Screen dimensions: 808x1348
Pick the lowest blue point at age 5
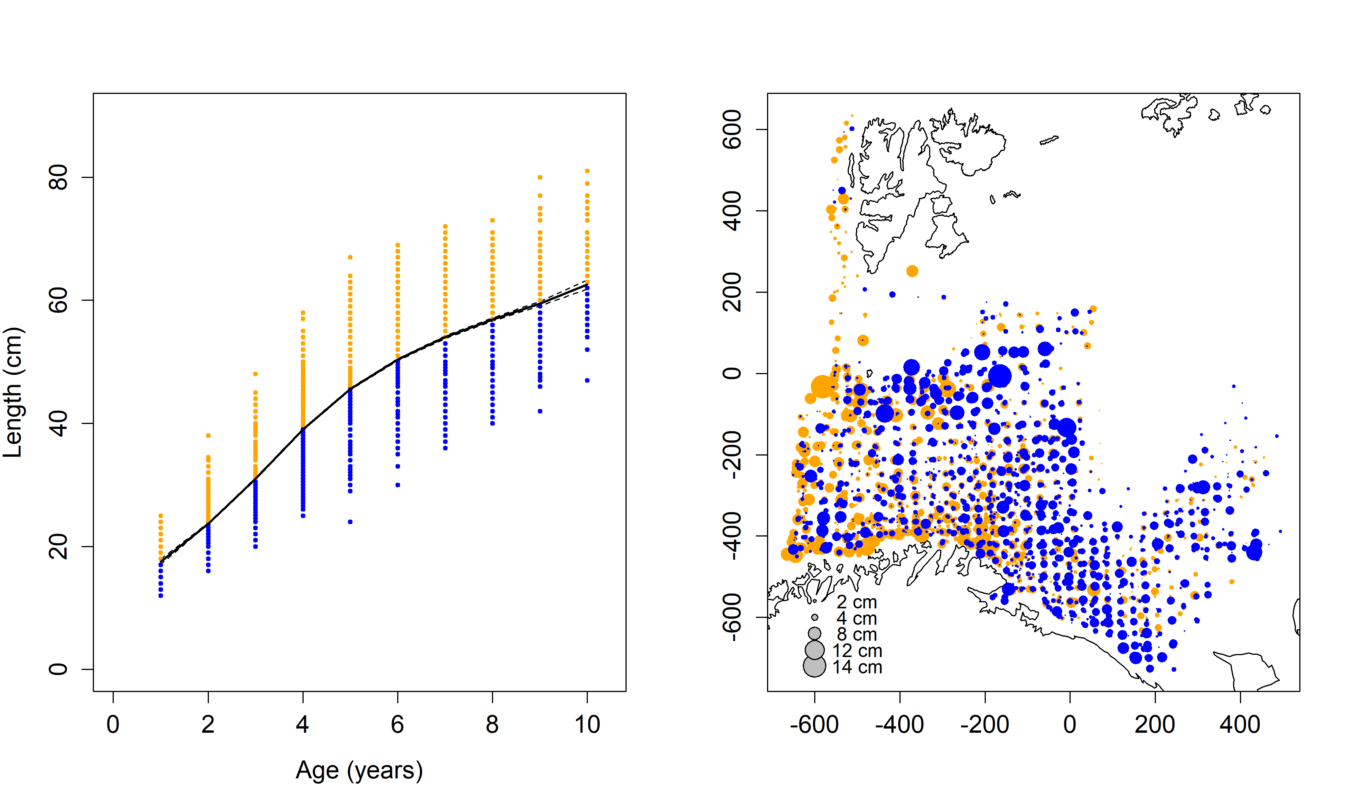point(350,522)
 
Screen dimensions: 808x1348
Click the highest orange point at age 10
point(587,171)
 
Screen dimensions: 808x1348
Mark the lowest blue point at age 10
point(587,381)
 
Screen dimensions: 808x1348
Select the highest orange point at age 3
point(255,374)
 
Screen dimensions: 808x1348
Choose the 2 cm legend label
point(857,602)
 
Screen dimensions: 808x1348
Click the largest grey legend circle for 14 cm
point(814,666)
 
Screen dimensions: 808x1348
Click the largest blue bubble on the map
point(1000,376)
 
